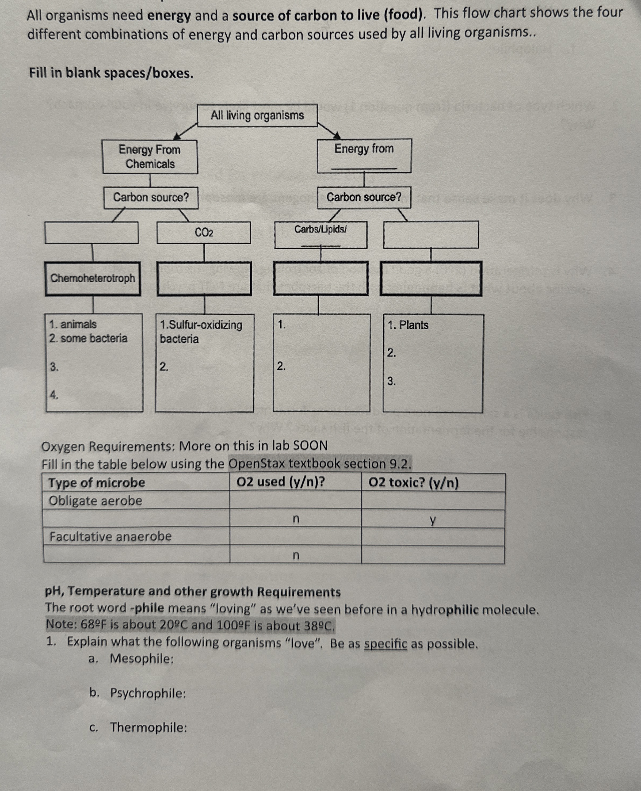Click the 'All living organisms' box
click(257, 116)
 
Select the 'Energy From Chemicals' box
click(150, 156)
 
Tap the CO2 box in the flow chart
click(204, 232)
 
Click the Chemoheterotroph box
click(93, 278)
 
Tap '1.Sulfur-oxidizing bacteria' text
click(201, 331)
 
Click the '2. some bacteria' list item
click(88, 338)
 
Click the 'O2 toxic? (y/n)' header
click(414, 483)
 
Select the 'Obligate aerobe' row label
click(96, 501)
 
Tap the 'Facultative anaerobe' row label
click(110, 536)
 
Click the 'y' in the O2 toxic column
click(433, 520)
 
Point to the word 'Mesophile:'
click(142, 659)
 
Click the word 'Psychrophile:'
click(148, 693)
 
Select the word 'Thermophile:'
click(148, 728)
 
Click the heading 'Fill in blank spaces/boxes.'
click(112, 73)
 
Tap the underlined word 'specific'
click(386, 644)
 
